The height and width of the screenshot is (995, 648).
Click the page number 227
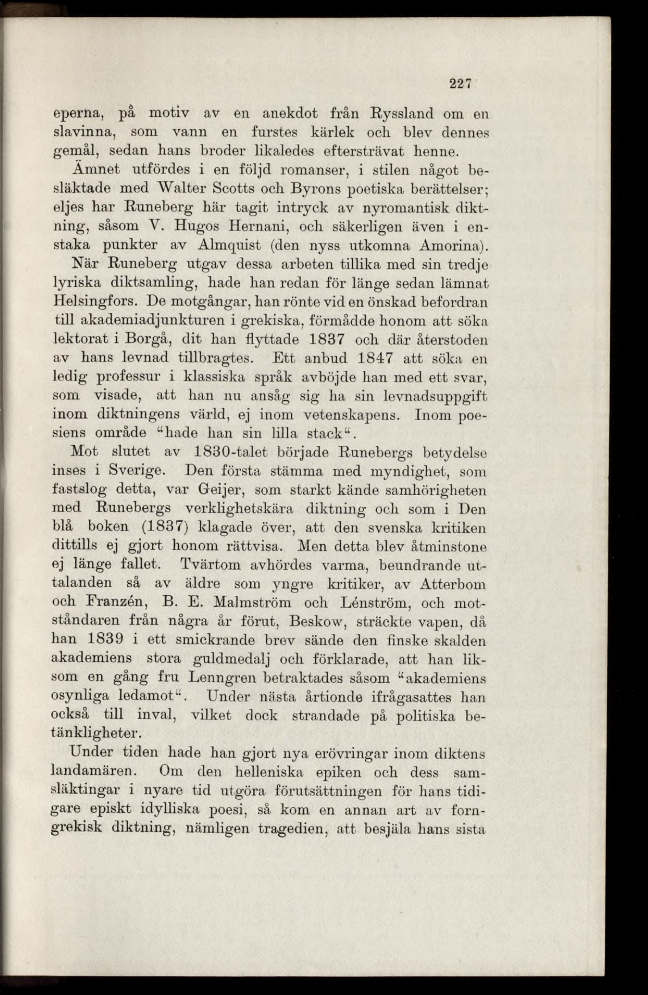[x=460, y=84]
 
